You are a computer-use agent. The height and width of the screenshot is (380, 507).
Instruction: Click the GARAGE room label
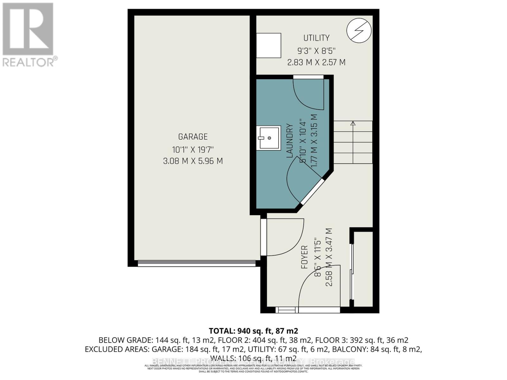click(193, 137)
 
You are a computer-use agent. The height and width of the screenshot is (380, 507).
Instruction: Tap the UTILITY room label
click(316, 38)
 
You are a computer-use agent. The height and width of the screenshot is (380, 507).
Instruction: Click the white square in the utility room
click(268, 46)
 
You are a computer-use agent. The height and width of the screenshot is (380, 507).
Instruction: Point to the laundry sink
click(268, 138)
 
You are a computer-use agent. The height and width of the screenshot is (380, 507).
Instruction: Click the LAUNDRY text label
click(290, 141)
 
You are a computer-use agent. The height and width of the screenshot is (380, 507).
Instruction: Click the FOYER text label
click(305, 257)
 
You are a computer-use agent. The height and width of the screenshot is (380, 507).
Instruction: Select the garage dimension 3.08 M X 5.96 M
click(193, 161)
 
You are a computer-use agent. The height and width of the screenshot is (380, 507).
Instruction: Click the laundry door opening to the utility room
click(308, 92)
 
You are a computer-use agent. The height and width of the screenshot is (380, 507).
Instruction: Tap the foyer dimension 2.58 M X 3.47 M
click(329, 257)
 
